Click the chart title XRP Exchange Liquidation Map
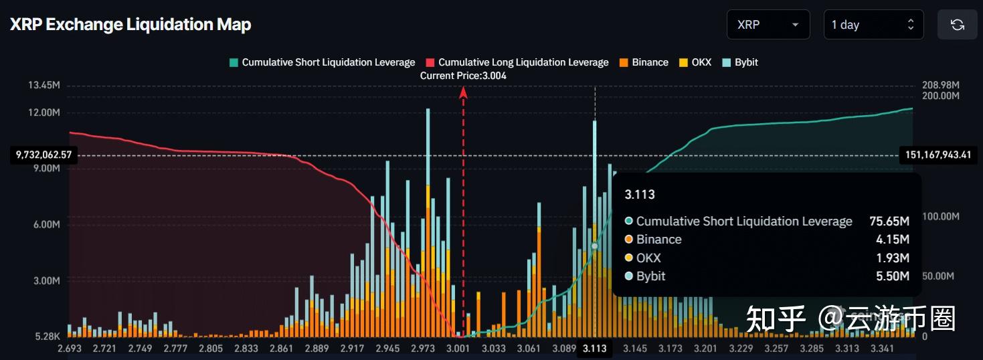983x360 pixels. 130,25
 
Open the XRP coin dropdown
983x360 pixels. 768,25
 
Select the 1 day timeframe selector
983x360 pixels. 873,25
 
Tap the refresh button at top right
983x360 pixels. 957,25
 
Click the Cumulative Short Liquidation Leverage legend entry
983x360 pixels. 322,62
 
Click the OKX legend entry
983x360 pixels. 695,62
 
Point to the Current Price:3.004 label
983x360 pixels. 463,76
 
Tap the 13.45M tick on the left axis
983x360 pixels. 44,86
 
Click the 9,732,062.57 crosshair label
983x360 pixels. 43,155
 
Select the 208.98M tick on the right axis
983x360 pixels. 941,86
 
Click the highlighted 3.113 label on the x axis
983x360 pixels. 594,349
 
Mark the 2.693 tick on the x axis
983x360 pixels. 69,349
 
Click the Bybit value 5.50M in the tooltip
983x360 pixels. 893,276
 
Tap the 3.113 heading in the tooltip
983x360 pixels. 639,195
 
